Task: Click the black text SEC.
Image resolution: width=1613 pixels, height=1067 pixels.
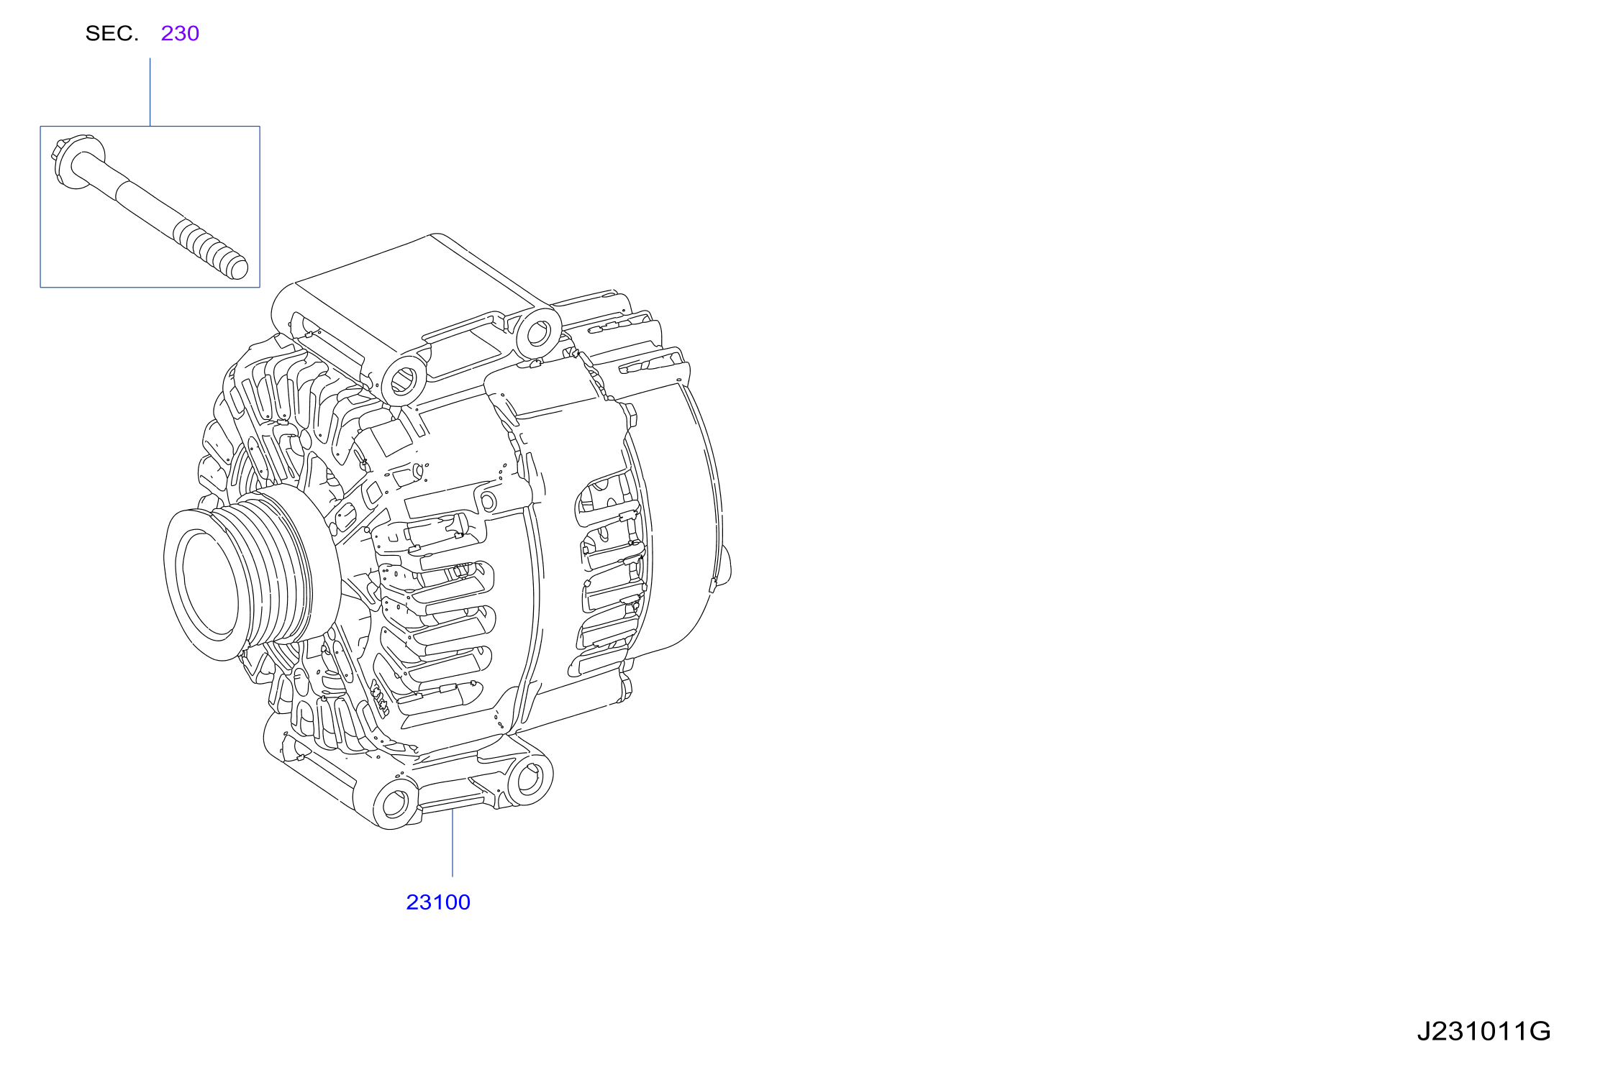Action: pyautogui.click(x=112, y=34)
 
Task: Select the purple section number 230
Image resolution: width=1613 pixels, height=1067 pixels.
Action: pyautogui.click(x=180, y=34)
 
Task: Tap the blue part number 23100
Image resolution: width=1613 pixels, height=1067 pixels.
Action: pyautogui.click(x=438, y=902)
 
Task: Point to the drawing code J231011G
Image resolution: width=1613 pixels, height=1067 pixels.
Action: pyautogui.click(x=1483, y=1032)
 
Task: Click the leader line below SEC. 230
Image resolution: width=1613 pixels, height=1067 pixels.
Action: pyautogui.click(x=150, y=92)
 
